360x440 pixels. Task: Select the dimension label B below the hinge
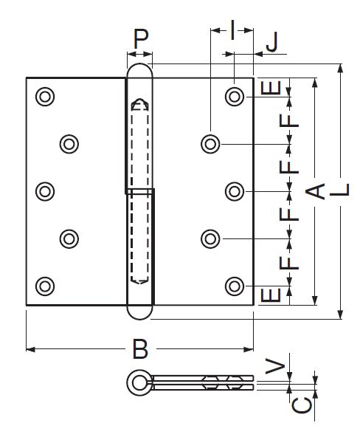point(140,349)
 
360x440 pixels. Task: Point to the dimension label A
point(315,192)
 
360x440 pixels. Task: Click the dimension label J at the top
point(272,42)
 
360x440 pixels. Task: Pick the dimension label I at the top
point(232,30)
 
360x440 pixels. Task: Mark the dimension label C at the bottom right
point(302,405)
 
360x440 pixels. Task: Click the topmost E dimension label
point(271,88)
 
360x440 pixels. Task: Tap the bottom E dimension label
point(271,295)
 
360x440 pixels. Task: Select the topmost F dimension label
point(289,121)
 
